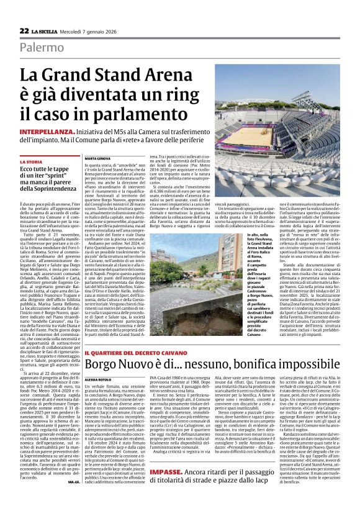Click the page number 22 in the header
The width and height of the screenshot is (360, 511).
click(x=24, y=30)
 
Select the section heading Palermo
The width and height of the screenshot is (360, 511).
click(x=41, y=48)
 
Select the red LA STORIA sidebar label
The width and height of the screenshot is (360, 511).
click(x=31, y=161)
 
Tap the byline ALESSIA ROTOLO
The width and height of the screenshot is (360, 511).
click(x=99, y=378)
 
